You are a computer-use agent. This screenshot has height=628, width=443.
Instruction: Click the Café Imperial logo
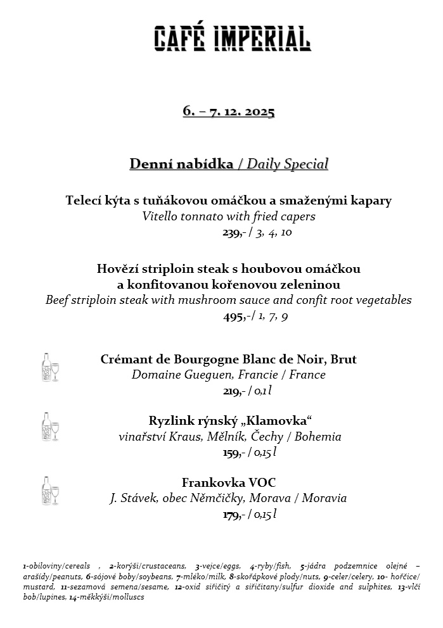tap(233, 39)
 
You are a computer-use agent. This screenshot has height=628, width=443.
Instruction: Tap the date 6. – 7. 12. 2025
tap(229, 111)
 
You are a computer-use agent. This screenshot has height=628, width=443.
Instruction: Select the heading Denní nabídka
tap(181, 165)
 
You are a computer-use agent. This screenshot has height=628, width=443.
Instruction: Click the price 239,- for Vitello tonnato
tap(234, 232)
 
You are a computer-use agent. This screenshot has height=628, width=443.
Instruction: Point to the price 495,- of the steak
tap(234, 317)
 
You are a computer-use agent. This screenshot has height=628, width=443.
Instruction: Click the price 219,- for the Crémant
tap(234, 391)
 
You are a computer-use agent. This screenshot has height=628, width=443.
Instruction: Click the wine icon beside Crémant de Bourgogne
tap(49, 367)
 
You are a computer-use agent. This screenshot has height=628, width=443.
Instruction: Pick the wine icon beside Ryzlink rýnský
tap(49, 427)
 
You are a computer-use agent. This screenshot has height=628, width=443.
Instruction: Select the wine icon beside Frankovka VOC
tap(49, 491)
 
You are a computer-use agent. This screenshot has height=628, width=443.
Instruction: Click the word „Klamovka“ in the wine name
tap(281, 421)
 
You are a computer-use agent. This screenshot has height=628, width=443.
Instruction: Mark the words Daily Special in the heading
tap(288, 165)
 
